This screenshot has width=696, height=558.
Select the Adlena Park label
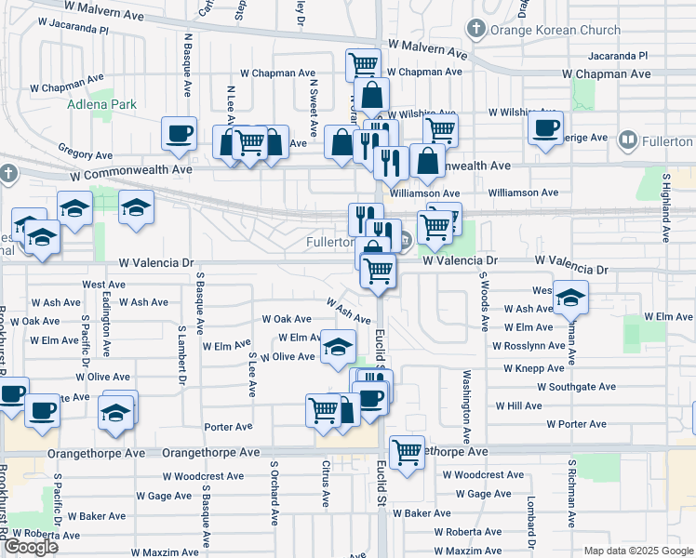101,104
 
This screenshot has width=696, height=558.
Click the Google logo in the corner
31,547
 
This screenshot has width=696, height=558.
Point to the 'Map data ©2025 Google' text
638,551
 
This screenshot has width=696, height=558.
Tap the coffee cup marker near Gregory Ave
179,132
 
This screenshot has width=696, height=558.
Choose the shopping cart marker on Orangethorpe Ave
407,452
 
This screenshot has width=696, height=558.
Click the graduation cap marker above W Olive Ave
338,348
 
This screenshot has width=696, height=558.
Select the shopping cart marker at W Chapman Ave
363,64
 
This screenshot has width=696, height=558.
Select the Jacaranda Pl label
618,56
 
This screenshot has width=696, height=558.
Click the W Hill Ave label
518,406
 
